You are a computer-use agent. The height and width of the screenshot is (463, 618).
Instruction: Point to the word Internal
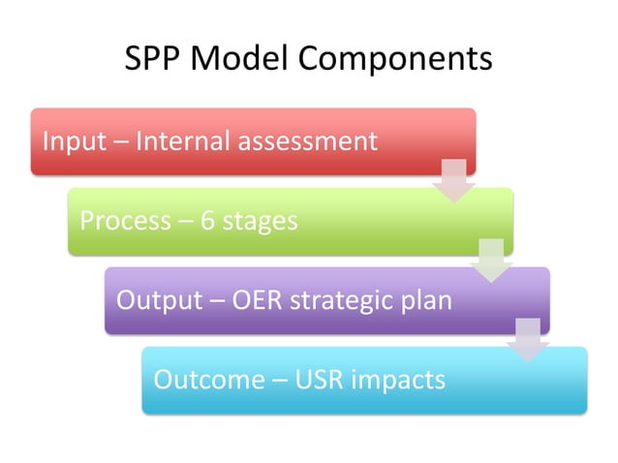(179, 141)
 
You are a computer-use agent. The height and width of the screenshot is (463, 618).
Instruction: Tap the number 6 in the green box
(208, 221)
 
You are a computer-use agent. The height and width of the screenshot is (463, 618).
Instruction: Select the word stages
(260, 222)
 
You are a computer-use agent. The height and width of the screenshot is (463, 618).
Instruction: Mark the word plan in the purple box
(427, 300)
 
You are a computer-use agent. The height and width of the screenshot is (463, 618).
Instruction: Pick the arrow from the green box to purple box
(491, 261)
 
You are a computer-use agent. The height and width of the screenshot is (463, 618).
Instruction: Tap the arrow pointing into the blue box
(528, 340)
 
